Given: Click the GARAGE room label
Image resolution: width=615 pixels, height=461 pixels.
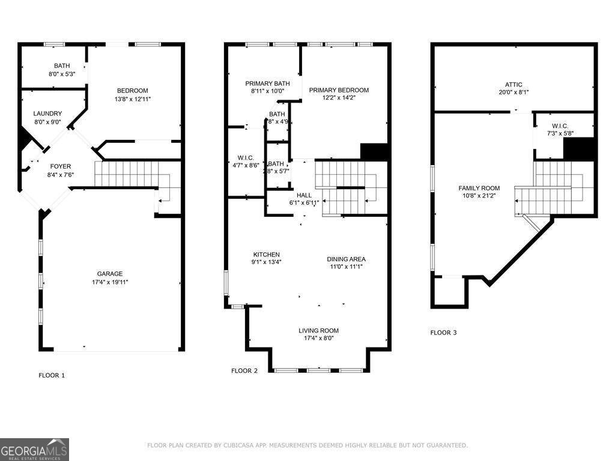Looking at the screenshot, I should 110,274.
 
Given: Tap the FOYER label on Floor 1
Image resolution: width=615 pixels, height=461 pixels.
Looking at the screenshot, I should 60,166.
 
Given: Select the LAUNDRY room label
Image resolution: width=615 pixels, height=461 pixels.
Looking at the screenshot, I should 47,113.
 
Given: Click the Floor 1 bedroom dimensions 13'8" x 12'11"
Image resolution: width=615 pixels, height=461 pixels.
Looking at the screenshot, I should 133,99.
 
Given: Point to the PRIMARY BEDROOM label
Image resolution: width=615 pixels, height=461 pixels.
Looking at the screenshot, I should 339,90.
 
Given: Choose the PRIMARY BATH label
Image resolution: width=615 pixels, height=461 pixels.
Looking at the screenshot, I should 267,83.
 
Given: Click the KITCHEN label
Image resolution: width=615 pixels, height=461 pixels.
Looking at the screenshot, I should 266,255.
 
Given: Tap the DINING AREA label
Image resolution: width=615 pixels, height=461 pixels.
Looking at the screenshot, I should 346,259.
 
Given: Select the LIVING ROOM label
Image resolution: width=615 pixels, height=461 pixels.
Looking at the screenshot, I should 318,331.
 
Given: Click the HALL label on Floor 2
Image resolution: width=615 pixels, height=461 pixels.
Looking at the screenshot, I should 304,195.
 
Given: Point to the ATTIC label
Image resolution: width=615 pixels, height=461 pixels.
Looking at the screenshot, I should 514,85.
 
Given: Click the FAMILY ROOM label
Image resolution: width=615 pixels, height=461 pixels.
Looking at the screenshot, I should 479,188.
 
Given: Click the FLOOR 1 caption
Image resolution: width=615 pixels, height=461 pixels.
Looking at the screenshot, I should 51,375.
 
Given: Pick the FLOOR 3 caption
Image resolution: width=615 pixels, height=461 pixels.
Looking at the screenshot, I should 443,332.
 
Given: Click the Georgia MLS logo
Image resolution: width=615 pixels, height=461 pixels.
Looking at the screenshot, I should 34,450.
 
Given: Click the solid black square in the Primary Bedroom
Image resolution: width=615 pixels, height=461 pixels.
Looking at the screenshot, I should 375,152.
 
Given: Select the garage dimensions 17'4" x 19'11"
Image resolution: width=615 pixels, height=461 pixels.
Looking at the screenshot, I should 110,282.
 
